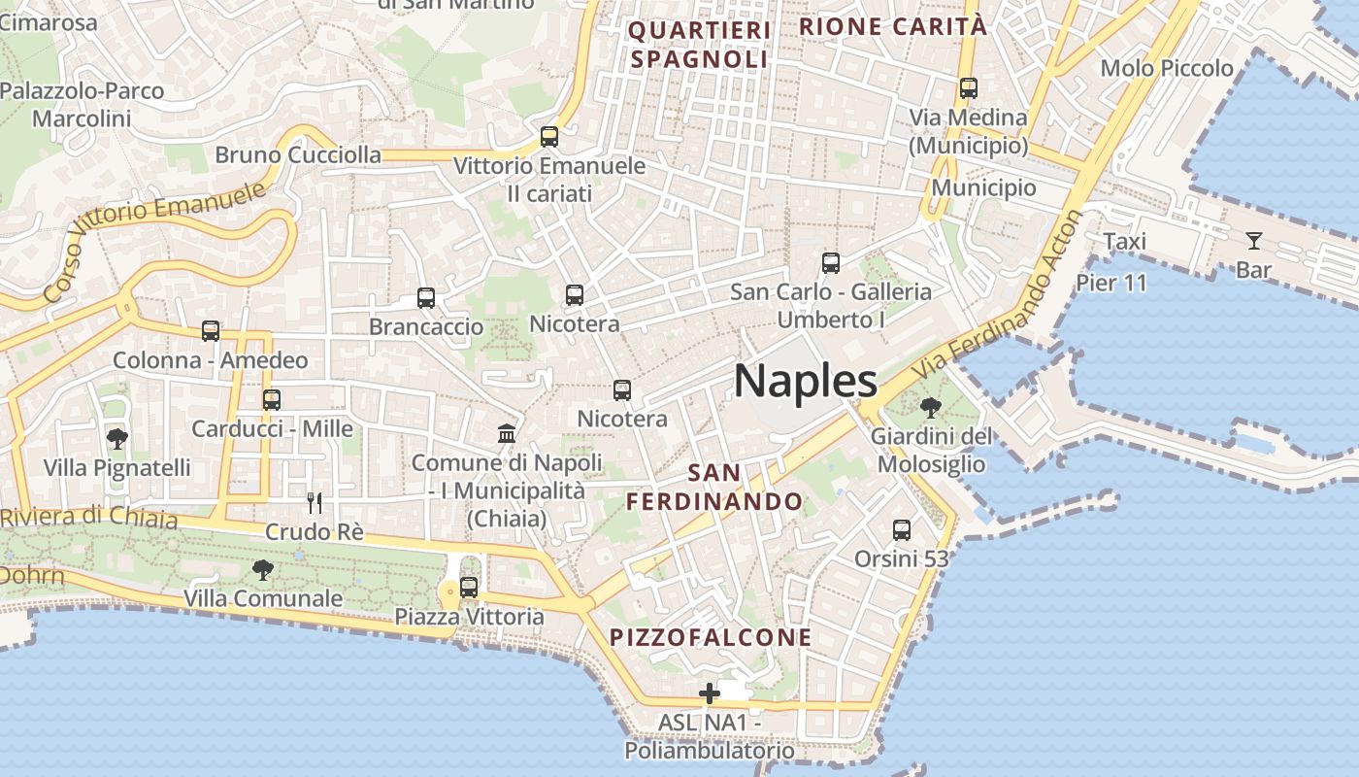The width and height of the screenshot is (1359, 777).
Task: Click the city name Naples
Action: pos(806,381)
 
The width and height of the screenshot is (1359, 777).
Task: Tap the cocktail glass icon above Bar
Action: pos(1254,240)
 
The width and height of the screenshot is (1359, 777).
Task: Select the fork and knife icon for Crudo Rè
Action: pos(314,502)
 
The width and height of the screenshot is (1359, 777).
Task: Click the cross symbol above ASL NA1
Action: pos(710,693)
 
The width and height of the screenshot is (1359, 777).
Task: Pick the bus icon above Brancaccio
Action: pos(426,298)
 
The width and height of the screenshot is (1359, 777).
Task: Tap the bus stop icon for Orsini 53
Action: pos(902,530)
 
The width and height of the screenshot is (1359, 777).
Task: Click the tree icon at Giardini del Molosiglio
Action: pos(930,407)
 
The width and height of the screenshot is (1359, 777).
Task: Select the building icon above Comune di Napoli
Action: pos(507,433)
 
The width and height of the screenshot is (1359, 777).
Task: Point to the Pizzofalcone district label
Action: pos(711,637)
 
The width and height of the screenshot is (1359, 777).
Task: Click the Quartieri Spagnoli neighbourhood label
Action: pos(699,45)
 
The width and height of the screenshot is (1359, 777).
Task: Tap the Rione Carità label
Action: pos(892,26)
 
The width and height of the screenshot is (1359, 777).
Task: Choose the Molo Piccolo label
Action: pos(1167,68)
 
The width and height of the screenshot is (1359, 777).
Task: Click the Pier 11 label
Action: pos(1111,283)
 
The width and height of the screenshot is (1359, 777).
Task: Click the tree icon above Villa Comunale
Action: pos(262,569)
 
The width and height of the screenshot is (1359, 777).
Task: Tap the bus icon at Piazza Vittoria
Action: pos(469,588)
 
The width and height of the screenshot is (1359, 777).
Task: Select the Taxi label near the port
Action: pos(1124,241)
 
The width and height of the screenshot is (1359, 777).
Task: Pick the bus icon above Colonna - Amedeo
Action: pos(211,331)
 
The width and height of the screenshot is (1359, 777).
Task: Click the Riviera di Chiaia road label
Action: pos(89,518)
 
